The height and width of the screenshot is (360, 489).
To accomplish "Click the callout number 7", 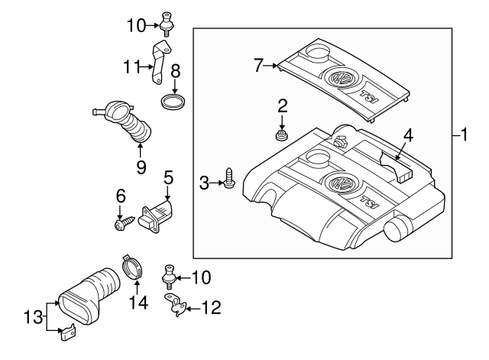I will (x=259, y=66).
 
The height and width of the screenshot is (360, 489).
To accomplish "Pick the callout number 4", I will (x=409, y=136).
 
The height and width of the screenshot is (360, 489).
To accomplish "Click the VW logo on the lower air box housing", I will (x=338, y=183).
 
